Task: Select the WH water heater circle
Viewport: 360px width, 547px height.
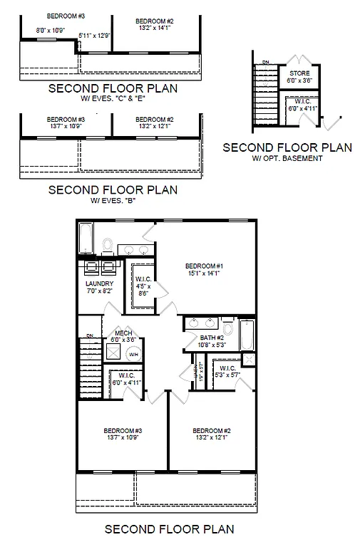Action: (133, 354)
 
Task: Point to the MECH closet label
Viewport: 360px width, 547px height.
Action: (123, 333)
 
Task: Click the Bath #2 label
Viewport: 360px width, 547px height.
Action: (212, 338)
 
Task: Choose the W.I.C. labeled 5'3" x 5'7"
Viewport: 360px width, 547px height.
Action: (227, 371)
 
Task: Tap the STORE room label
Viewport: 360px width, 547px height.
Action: (299, 73)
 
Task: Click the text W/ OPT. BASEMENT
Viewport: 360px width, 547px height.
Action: (287, 157)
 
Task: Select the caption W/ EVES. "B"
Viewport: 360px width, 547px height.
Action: (112, 201)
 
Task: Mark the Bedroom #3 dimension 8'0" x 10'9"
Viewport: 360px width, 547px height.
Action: (51, 31)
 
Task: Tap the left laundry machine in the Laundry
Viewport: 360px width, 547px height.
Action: (92, 267)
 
